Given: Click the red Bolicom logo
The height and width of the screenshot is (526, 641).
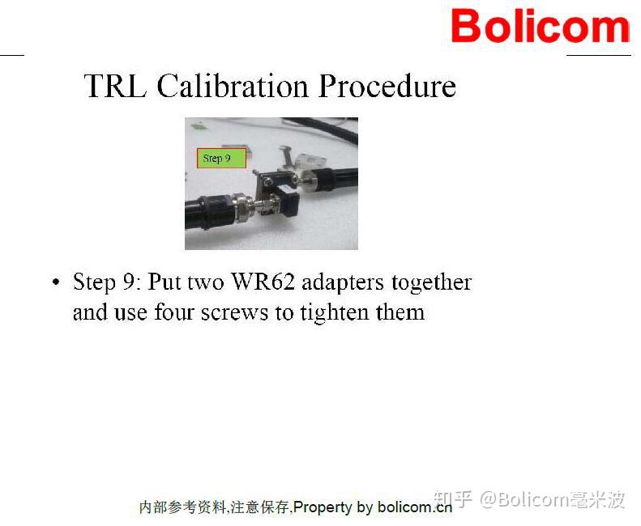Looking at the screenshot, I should (x=540, y=26).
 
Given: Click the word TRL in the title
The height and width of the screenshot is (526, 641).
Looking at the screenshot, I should (x=115, y=86).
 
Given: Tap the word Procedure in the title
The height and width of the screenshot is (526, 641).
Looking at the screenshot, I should (x=387, y=86).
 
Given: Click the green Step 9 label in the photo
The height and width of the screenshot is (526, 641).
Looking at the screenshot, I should (x=221, y=158).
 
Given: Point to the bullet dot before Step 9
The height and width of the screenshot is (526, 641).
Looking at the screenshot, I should (x=55, y=282).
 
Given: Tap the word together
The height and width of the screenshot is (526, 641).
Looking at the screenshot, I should (x=431, y=282).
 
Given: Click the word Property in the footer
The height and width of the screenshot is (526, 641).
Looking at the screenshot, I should (x=322, y=507).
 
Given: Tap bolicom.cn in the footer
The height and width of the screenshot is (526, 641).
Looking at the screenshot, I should (x=414, y=507).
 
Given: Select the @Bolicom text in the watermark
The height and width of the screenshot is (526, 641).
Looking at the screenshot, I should (x=523, y=498).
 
